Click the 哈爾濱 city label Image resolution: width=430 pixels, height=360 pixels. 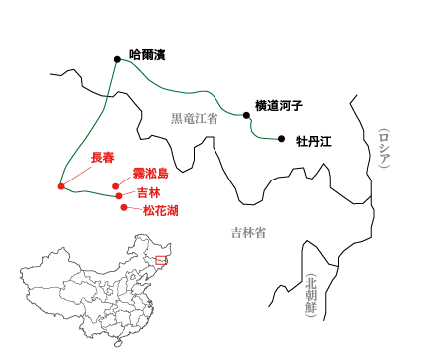(x=147, y=54)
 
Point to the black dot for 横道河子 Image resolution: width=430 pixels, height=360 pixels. (x=245, y=114)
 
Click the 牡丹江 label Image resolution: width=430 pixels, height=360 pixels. (x=313, y=141)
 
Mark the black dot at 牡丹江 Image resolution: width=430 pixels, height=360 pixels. (x=282, y=139)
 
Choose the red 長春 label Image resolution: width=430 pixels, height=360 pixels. (x=103, y=158)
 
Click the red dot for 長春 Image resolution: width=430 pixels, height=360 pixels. (x=62, y=186)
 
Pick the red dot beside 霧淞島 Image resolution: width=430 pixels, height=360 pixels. (x=116, y=185)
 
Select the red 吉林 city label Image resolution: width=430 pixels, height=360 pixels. (x=148, y=191)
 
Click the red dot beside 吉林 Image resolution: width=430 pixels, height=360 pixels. (x=119, y=196)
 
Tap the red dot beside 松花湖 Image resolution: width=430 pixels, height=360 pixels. (x=124, y=207)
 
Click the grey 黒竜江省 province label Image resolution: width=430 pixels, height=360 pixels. (x=194, y=119)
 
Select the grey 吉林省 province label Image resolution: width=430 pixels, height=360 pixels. (x=248, y=233)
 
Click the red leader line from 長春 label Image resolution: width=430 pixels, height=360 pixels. (x=78, y=175)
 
